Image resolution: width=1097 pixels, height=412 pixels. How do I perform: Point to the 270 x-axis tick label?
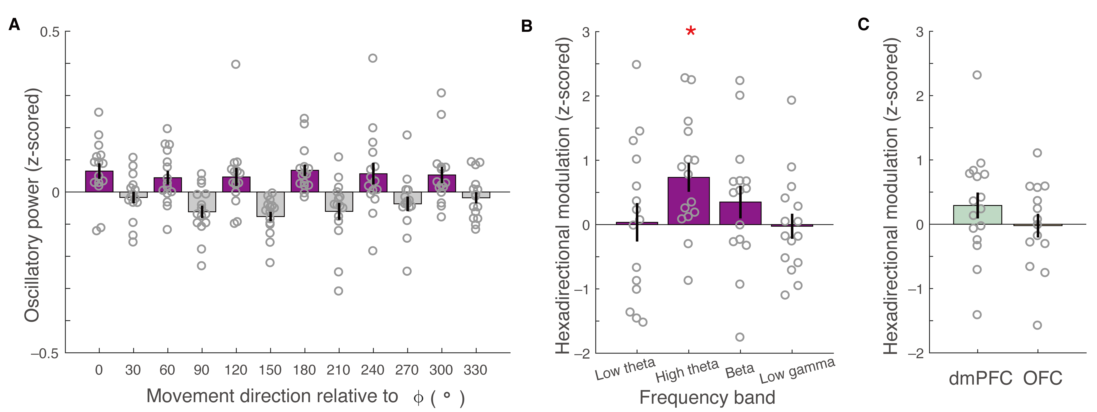[x=407, y=370]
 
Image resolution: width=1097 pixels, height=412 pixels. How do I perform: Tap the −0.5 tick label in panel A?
[x=45, y=353]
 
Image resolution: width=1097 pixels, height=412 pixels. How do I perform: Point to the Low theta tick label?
[x=625, y=369]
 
